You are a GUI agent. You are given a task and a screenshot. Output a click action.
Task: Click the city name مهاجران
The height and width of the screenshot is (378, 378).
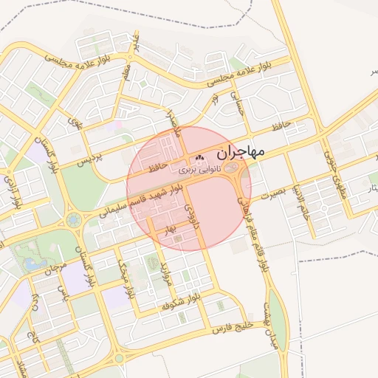click(241, 153)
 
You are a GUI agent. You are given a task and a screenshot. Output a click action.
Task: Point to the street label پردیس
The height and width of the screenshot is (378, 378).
click(88, 157)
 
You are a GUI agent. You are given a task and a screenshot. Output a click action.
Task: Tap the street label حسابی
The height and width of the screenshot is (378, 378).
click(236, 103)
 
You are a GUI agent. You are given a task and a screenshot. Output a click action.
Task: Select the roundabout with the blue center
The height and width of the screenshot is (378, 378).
click(74, 219)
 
